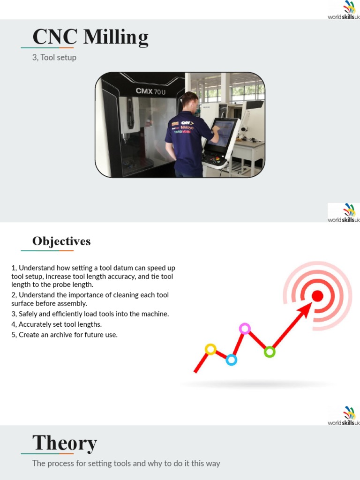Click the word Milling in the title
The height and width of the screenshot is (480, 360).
point(116,37)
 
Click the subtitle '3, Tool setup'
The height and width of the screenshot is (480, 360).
point(54,58)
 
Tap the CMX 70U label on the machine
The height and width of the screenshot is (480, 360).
point(150,91)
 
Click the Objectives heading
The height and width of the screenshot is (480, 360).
point(61,241)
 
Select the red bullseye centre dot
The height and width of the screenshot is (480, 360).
point(317,296)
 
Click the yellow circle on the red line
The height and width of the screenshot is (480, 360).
point(210,349)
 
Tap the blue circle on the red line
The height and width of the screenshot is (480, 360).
point(231,360)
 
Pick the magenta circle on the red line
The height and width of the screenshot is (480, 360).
point(244,328)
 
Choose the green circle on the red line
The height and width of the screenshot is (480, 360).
point(269,352)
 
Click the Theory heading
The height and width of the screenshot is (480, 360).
point(65,443)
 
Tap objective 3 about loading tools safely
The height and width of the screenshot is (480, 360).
point(90,314)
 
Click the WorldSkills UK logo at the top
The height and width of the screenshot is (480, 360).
point(344,10)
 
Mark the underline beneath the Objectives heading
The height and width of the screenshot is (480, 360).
point(47,251)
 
